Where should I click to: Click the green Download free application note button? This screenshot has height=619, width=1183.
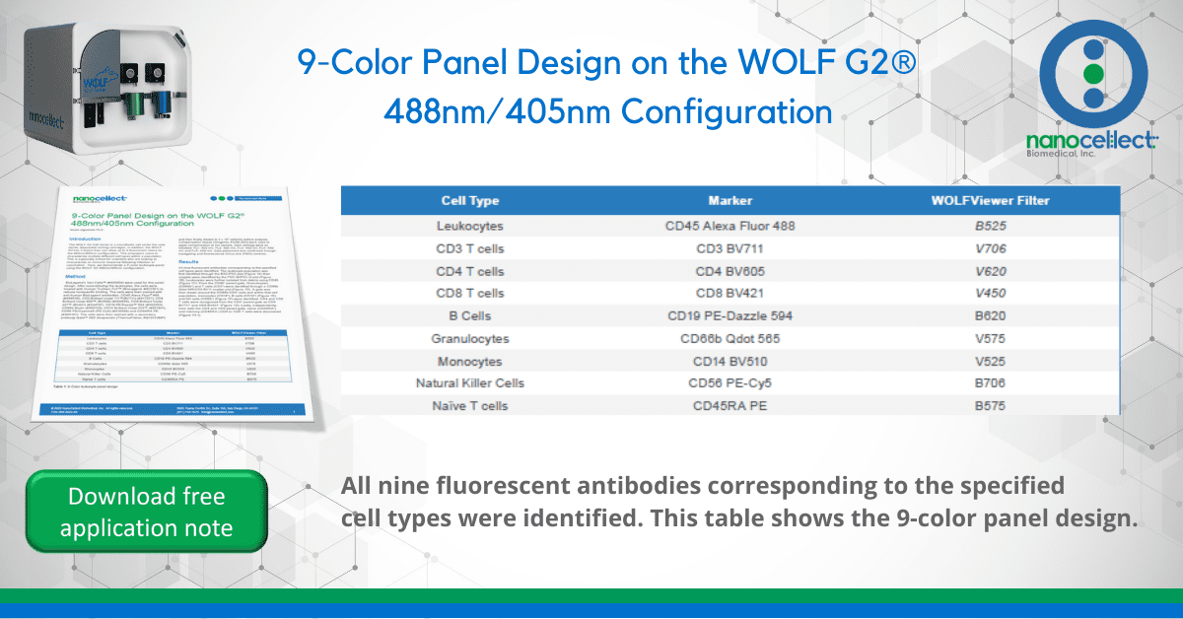coord(146,512)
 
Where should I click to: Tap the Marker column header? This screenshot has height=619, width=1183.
coord(730,201)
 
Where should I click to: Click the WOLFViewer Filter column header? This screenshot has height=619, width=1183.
coord(990,201)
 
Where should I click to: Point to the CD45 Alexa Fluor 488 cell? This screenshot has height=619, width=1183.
coord(731,226)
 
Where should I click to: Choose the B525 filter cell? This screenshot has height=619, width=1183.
coord(990,226)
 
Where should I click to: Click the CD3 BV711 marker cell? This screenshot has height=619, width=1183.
coord(731,248)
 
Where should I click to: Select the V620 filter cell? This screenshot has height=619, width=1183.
coord(990,271)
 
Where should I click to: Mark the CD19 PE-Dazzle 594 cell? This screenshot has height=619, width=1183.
coord(731,315)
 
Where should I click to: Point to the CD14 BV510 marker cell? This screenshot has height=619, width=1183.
coord(731,361)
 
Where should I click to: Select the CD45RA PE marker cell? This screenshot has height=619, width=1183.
coord(731,405)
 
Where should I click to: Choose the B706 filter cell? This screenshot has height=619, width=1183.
coord(990,382)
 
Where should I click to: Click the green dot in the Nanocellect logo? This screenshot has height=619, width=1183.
coord(1091,74)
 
